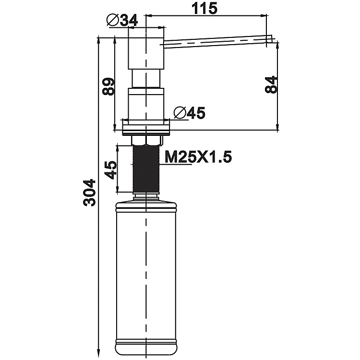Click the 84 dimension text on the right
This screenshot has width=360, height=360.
pos(272,85)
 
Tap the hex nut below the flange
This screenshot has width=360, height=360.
pos(146,140)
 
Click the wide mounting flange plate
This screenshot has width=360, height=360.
pos(146,128)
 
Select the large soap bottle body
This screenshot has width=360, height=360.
pos(146,274)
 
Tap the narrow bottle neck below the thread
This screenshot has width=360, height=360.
pos(146,195)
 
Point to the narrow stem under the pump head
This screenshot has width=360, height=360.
pos(146,78)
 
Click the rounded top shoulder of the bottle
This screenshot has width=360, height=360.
pos(146,205)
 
